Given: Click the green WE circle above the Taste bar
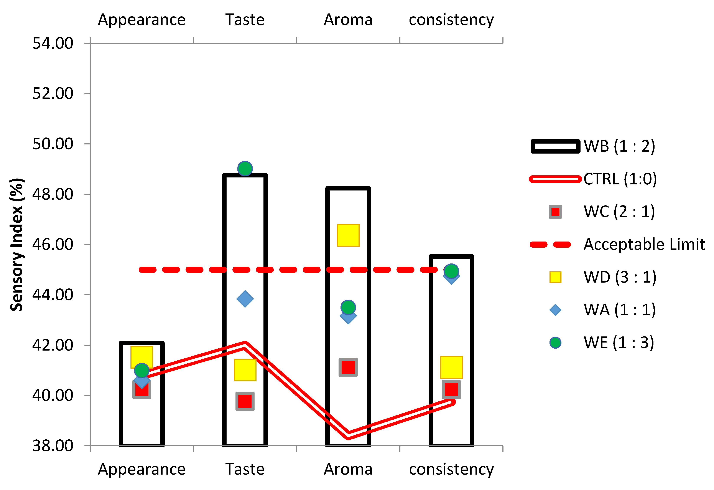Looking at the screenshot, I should click(x=245, y=169).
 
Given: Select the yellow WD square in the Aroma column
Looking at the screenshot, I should click(x=348, y=235).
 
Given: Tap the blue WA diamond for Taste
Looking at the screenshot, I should click(x=245, y=299).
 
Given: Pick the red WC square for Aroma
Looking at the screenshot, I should click(x=348, y=367).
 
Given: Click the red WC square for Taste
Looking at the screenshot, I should click(x=245, y=401).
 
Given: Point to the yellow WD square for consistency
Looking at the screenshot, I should click(x=451, y=367).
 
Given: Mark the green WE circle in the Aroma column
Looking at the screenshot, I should click(x=348, y=307).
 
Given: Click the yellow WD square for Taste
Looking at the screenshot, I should click(x=245, y=370).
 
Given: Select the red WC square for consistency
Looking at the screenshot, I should click(x=451, y=389).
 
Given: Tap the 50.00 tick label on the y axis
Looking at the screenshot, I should click(x=53, y=144).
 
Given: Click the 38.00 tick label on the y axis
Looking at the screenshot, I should click(x=53, y=446).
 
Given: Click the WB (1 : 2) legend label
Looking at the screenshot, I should click(x=619, y=146).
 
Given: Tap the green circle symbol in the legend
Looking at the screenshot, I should click(x=555, y=343).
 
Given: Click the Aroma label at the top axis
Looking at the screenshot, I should click(x=348, y=20).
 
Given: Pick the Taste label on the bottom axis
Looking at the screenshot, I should click(x=245, y=469).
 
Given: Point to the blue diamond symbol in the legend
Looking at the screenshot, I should click(x=555, y=310).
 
